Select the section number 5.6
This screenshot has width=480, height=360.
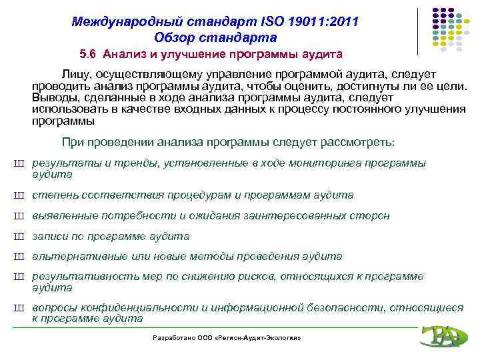pos(88,53)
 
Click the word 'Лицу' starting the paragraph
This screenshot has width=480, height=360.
pos(77,73)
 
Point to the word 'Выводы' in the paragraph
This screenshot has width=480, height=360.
pos(53,98)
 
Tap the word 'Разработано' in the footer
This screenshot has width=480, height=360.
pos(173,338)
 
